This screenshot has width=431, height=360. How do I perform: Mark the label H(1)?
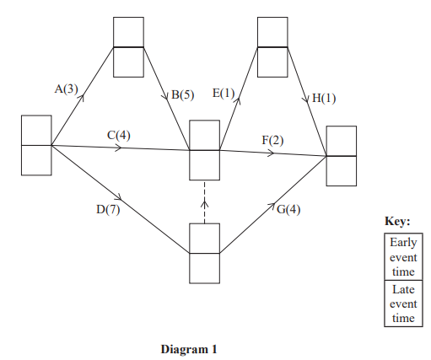(323, 99)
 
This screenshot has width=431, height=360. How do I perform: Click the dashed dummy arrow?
(204, 201)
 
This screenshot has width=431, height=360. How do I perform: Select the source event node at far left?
(36, 145)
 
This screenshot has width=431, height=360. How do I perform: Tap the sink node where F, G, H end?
(341, 156)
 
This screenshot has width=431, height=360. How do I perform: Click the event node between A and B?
(128, 47)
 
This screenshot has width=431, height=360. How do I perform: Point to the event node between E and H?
(272, 47)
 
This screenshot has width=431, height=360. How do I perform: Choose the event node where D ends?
(204, 253)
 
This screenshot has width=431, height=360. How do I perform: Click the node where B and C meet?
(204, 150)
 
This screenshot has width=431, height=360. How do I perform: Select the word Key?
(397, 221)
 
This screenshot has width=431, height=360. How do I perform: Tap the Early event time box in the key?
(398, 256)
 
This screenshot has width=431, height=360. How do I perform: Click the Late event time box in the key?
(398, 304)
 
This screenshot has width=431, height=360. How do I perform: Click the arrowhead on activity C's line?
(119, 148)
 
